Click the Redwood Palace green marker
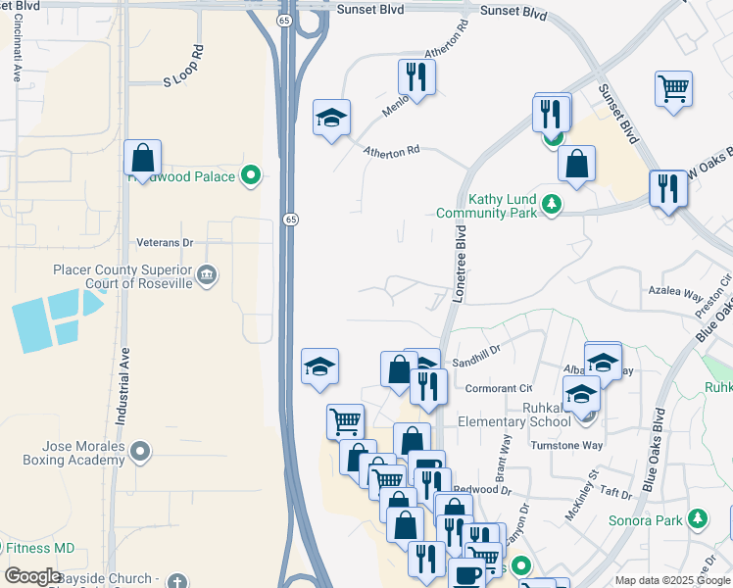(252, 176)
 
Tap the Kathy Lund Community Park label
(501, 206)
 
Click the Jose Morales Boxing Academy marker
(141, 451)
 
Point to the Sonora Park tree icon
(697, 518)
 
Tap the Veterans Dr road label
(167, 241)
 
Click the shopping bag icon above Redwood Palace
(143, 157)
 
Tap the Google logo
(32, 576)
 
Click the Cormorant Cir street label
(499, 388)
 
